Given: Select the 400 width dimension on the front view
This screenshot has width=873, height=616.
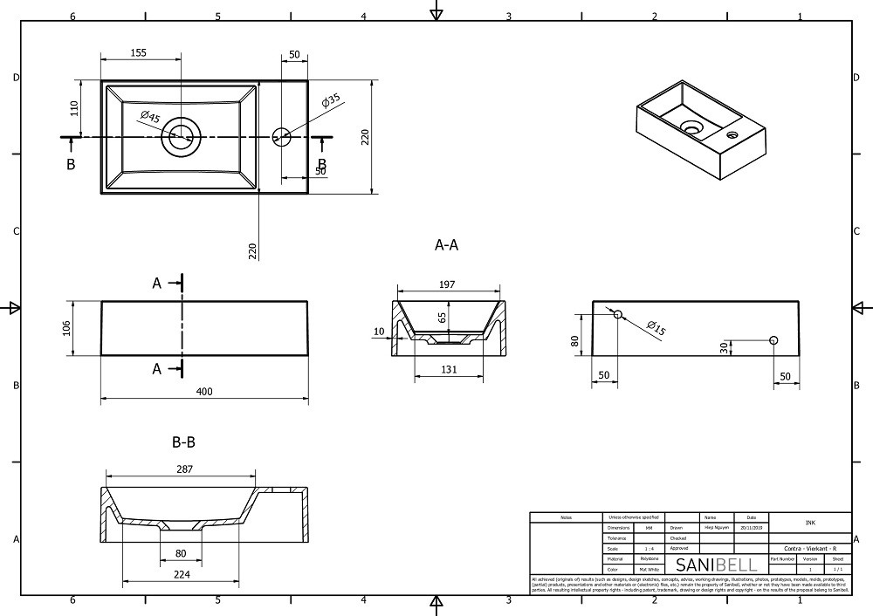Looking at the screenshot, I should tap(204, 392).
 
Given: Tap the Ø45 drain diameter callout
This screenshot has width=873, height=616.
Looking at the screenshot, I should tap(149, 117).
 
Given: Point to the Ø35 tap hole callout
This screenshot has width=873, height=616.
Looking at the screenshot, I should tap(330, 101).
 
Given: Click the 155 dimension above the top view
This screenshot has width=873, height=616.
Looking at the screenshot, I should tap(137, 53).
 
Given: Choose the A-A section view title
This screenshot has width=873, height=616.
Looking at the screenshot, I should tap(446, 245).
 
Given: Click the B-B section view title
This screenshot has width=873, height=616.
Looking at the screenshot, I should tap(183, 442).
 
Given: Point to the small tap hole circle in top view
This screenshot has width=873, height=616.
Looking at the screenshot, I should tap(281, 135).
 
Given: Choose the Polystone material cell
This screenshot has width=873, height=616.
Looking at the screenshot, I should tap(649, 558).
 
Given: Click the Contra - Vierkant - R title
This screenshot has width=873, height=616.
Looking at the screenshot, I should tap(810, 548).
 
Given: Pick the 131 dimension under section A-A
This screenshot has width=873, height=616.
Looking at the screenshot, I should tap(449, 369).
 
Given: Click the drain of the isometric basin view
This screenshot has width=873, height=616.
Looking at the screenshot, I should tap(691, 128).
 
